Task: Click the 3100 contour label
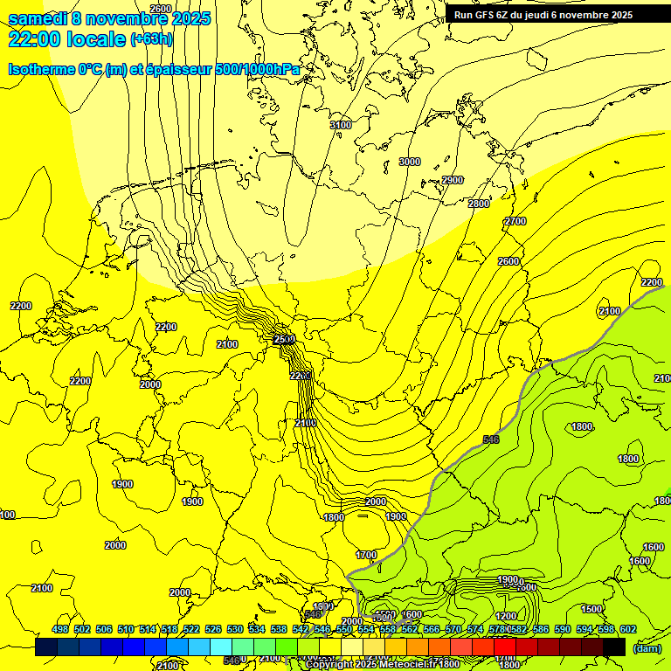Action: [x=341, y=126]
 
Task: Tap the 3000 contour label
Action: [x=409, y=162]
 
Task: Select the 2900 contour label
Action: [x=453, y=180]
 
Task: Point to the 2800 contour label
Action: [x=479, y=204]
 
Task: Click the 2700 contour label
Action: [x=515, y=222]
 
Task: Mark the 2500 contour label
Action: [x=284, y=339]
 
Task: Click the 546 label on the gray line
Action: [x=491, y=439]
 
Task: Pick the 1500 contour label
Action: [x=591, y=609]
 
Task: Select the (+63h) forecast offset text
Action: [x=152, y=39]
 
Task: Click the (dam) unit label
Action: [x=646, y=648]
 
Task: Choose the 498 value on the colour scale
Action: [x=60, y=629]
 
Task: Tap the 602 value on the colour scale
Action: [x=628, y=629]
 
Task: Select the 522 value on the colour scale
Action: [x=191, y=629]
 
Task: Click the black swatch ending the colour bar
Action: [x=614, y=647]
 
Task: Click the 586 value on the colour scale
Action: [x=541, y=629]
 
